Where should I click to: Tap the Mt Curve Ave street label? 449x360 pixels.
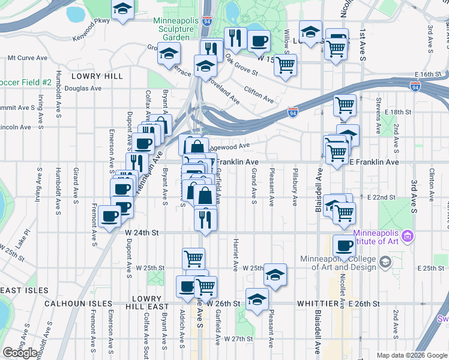tap(27, 58)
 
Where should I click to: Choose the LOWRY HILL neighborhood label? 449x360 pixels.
tap(97, 76)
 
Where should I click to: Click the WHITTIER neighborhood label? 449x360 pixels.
tap(316, 304)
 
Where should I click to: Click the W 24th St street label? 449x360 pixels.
tap(142, 232)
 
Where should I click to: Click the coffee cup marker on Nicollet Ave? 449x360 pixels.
tap(344, 245)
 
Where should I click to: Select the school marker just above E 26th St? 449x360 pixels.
tap(257, 299)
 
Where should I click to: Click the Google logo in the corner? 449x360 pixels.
tap(20, 353)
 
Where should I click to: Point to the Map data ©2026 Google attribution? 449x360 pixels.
tap(411, 355)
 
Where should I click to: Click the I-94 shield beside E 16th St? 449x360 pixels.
tap(415, 86)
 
